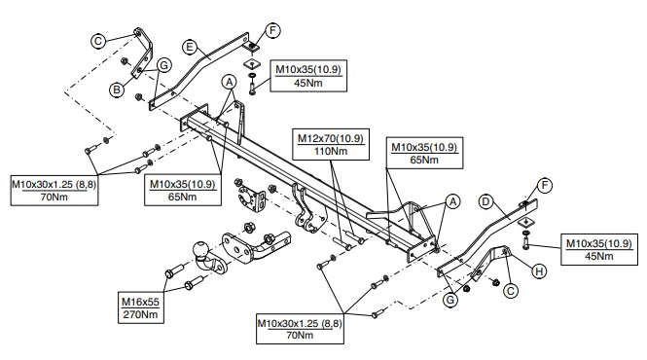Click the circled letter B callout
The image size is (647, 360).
(x=117, y=90)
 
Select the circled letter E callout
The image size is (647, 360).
(x=190, y=47)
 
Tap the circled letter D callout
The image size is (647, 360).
(x=485, y=201)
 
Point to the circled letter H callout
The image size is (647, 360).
(x=539, y=271)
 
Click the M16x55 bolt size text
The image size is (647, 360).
(x=140, y=302)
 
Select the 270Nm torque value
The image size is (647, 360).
(x=140, y=314)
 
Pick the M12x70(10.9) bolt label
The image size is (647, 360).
(x=331, y=138)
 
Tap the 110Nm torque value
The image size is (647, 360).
(x=331, y=151)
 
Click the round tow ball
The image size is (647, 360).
(x=201, y=251)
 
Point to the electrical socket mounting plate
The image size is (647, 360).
(x=249, y=199)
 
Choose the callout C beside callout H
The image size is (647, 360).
(x=511, y=292)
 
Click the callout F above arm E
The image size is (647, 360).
(x=272, y=30)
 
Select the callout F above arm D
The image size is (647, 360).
(x=544, y=186)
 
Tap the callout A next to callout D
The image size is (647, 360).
(x=453, y=201)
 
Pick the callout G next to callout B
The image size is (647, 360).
(x=164, y=65)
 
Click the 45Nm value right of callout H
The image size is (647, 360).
(x=598, y=256)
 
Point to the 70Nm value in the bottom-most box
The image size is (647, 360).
(x=300, y=335)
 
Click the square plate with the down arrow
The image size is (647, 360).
(x=525, y=222)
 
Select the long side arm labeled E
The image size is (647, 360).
(x=198, y=71)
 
